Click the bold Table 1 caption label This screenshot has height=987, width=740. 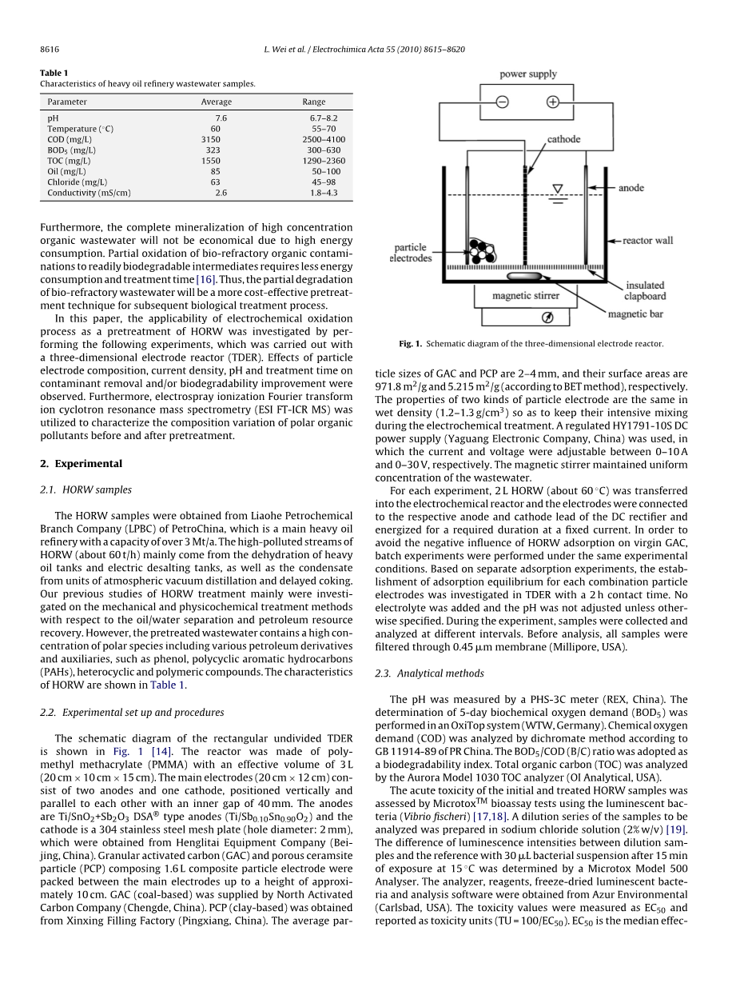pos(54,73)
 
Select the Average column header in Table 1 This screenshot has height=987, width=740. pos(216,102)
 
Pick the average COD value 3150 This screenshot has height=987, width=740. pos(211,139)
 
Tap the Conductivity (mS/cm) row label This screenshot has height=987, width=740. pos(89,193)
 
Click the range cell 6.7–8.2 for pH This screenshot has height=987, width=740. pos(324,118)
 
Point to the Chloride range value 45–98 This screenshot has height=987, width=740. pos(324,182)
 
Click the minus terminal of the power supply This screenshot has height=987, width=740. pos(502,102)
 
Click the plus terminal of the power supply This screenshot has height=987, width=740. pos(553,102)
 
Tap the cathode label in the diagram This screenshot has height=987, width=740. pos(563,139)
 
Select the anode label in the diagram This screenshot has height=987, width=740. pos(631,188)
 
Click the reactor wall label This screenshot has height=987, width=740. pos(648,240)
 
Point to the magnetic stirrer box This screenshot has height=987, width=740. pos(525,295)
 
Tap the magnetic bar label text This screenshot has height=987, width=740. pos(635,314)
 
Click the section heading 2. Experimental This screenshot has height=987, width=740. pos(81,463)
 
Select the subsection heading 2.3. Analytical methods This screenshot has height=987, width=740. pos(429,673)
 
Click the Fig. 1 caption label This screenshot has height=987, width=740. pos(410,344)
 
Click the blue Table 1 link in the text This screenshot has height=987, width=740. pos(167,685)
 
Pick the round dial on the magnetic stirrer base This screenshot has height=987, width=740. pos(547,318)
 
